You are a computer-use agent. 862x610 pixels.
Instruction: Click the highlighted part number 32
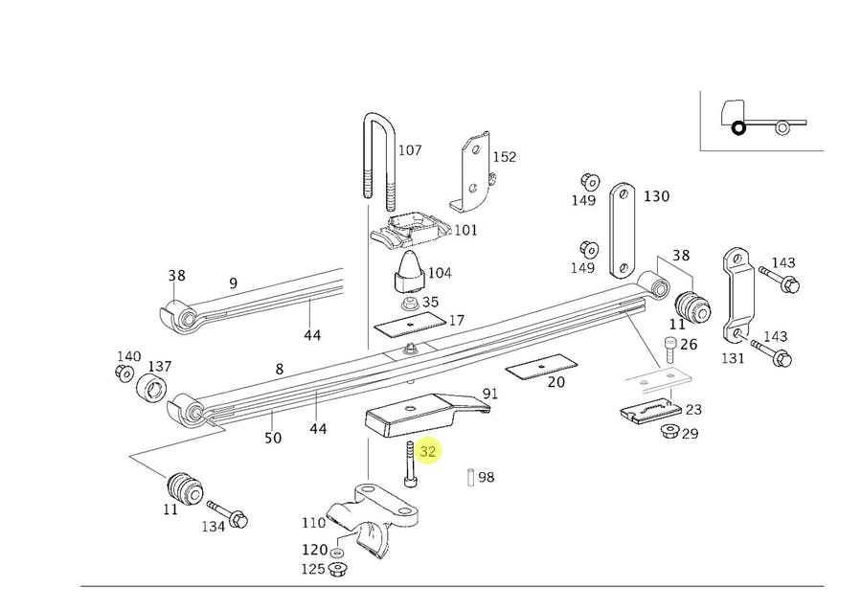(427, 451)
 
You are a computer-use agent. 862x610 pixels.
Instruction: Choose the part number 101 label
(465, 230)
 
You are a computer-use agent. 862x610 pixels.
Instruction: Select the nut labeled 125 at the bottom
(337, 570)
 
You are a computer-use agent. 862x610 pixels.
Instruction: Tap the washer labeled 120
(337, 553)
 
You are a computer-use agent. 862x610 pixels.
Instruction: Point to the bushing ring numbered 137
(152, 388)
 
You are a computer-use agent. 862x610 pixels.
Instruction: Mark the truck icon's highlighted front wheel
(738, 127)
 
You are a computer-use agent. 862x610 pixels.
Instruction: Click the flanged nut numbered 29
(669, 431)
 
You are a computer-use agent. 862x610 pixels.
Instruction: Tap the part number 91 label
(489, 394)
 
